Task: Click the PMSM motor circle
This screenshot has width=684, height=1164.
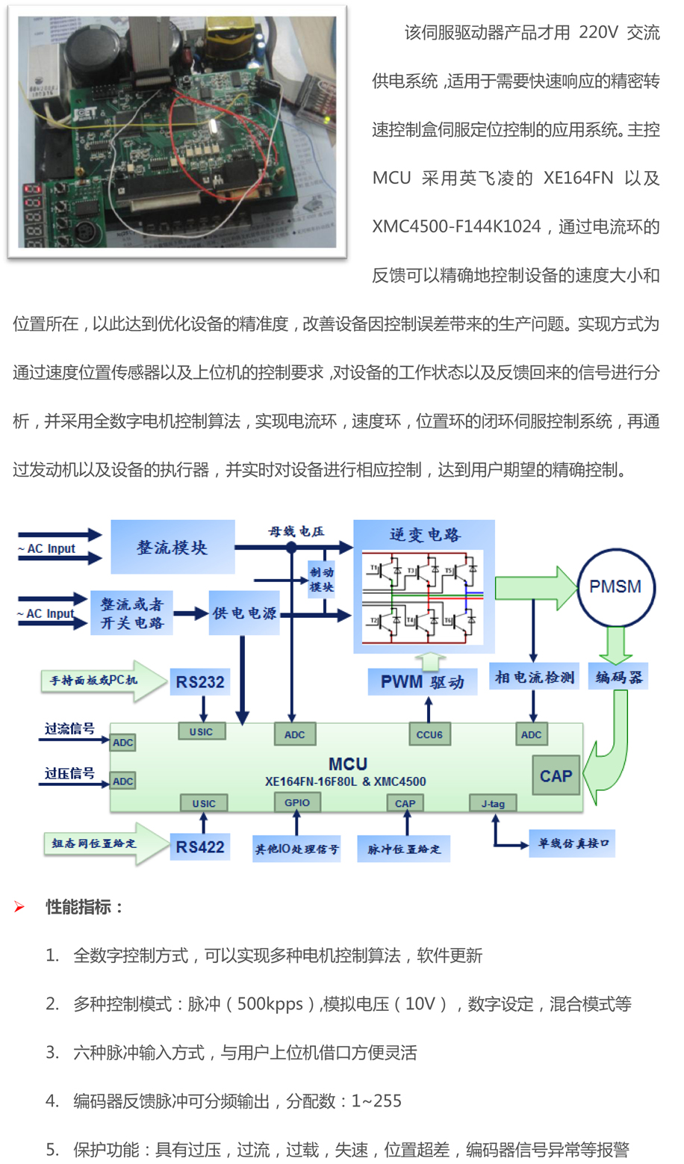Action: pyautogui.click(x=615, y=587)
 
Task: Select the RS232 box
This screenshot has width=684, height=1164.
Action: pyautogui.click(x=199, y=681)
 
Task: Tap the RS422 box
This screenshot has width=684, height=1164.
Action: pyautogui.click(x=199, y=847)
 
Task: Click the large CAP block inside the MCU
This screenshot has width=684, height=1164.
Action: pyautogui.click(x=556, y=776)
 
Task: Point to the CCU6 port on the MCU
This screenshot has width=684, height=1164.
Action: pyautogui.click(x=429, y=734)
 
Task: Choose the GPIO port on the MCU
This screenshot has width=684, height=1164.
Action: pyautogui.click(x=296, y=802)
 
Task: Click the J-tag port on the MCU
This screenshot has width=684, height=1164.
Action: pyautogui.click(x=493, y=804)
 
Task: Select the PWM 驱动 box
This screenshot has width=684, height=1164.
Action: pyautogui.click(x=422, y=682)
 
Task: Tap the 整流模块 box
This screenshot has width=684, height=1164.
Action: pyautogui.click(x=172, y=548)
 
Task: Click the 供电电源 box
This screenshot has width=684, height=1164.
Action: pyautogui.click(x=244, y=613)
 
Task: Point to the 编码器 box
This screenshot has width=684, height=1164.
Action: pyautogui.click(x=618, y=678)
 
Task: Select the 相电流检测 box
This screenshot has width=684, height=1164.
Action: pyautogui.click(x=534, y=677)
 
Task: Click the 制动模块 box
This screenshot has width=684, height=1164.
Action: pyautogui.click(x=321, y=580)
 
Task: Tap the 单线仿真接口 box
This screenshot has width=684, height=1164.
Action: pyautogui.click(x=573, y=843)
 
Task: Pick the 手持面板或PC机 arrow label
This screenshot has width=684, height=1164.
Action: pyautogui.click(x=93, y=681)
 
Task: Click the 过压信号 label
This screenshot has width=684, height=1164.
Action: pyautogui.click(x=69, y=773)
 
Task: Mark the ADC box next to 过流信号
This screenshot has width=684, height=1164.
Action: pyautogui.click(x=122, y=743)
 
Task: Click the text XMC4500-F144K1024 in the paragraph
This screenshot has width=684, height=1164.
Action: pyautogui.click(x=456, y=227)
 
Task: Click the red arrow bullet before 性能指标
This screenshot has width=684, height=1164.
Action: pyautogui.click(x=19, y=907)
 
